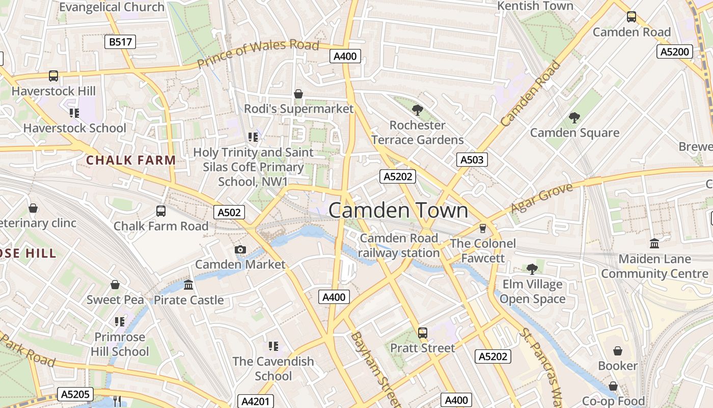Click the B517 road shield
coord(120,42)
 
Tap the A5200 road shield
coord(675,52)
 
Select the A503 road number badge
coord(472,160)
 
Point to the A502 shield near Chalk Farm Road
coord(229,213)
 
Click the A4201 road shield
coord(255,401)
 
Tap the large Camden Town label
coord(398,211)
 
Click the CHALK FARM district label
coord(131,160)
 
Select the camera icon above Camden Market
coord(240,249)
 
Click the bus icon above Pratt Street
coord(423,333)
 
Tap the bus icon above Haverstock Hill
coord(53,76)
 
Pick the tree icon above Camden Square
coord(574,118)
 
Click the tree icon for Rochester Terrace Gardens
coord(417,110)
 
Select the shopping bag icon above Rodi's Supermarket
coord(298,94)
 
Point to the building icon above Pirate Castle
coord(188,285)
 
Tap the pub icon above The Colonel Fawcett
coord(483,228)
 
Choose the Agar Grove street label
coord(541,198)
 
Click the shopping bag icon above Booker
coord(618,351)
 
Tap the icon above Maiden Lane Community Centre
coord(654,243)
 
